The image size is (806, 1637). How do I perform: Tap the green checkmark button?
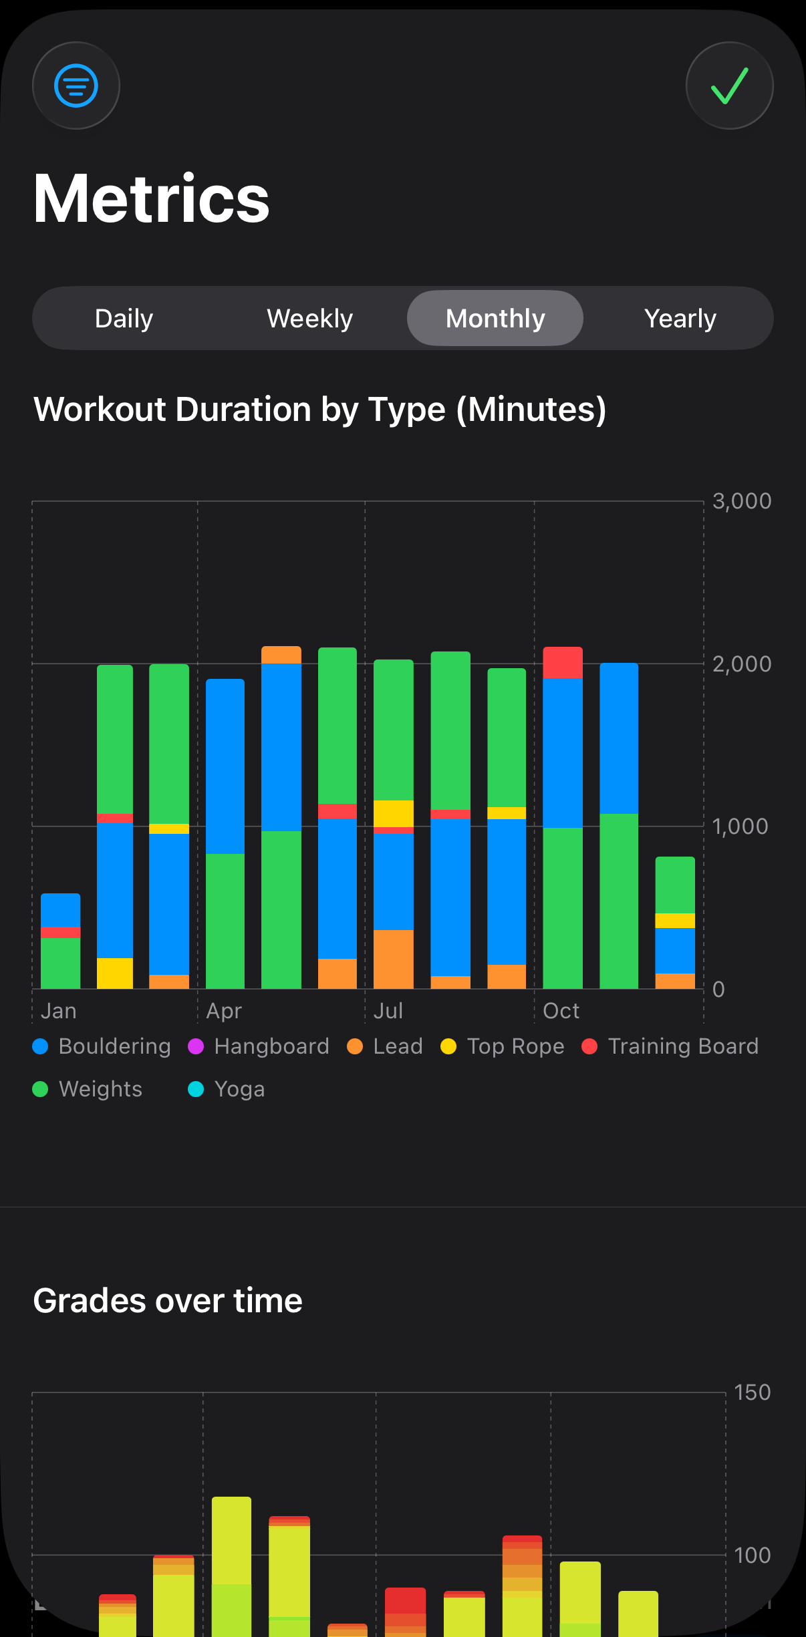pyautogui.click(x=729, y=86)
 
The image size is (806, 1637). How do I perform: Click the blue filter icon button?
pyautogui.click(x=76, y=86)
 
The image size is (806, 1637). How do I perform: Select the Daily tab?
pyautogui.click(x=124, y=319)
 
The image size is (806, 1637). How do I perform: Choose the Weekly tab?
pyautogui.click(x=309, y=319)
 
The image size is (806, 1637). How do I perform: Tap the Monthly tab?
pyautogui.click(x=495, y=319)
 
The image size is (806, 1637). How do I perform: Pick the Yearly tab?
pyautogui.click(x=680, y=319)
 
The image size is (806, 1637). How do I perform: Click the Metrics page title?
pyautogui.click(x=152, y=198)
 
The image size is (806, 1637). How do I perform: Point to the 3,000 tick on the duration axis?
pyautogui.click(x=741, y=501)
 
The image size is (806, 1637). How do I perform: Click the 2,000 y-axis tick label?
pyautogui.click(x=741, y=664)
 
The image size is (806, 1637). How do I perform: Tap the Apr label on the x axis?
pyautogui.click(x=224, y=1011)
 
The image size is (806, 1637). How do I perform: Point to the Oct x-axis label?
pyautogui.click(x=561, y=1011)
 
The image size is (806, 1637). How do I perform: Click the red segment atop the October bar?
pyautogui.click(x=563, y=663)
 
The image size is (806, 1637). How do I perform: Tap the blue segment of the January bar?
pyautogui.click(x=61, y=910)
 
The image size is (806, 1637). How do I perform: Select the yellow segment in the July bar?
pyautogui.click(x=394, y=813)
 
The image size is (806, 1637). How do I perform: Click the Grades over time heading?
pyautogui.click(x=168, y=1301)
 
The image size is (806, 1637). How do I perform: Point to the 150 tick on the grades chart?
pyautogui.click(x=752, y=1392)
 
